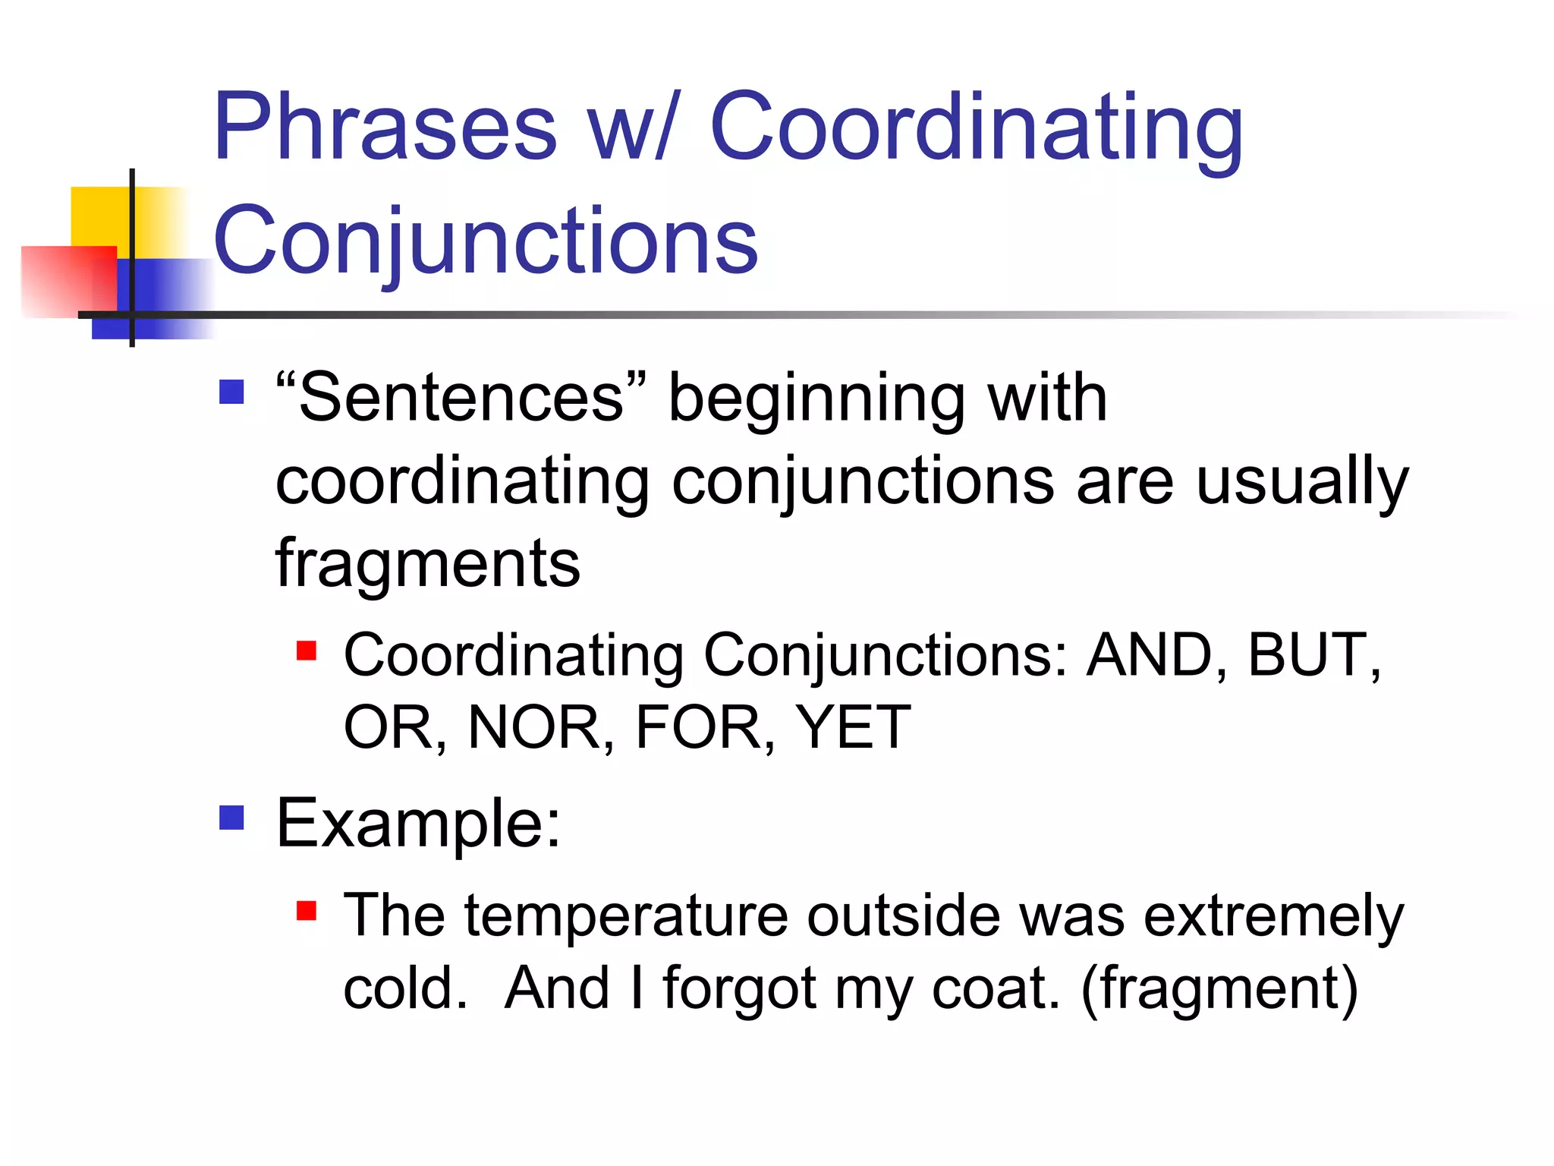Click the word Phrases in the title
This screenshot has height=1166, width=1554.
[x=385, y=128]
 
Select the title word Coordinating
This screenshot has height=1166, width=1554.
[x=976, y=128]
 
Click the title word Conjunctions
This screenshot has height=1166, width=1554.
[x=486, y=241]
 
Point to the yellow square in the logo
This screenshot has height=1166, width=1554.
[x=102, y=216]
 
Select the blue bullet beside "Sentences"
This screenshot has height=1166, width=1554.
[x=231, y=392]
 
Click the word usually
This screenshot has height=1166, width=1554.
[x=1302, y=481]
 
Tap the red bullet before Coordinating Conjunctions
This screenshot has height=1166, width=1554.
[x=307, y=651]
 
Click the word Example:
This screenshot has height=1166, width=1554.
[x=418, y=824]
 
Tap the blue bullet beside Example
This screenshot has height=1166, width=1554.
[x=231, y=818]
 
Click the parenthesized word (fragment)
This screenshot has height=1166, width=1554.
[x=1219, y=989]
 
